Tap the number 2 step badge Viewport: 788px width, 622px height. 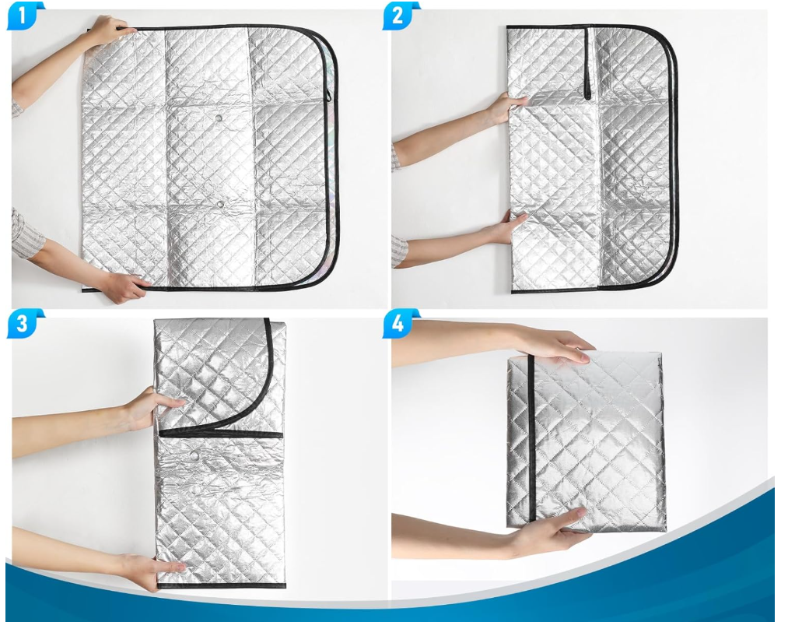click(x=398, y=16)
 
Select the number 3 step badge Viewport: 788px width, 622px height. click(x=23, y=323)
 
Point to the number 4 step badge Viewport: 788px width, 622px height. click(x=398, y=323)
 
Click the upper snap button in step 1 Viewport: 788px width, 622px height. click(x=219, y=118)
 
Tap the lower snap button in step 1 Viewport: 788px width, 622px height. click(x=221, y=204)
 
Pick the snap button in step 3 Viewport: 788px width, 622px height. click(x=194, y=455)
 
